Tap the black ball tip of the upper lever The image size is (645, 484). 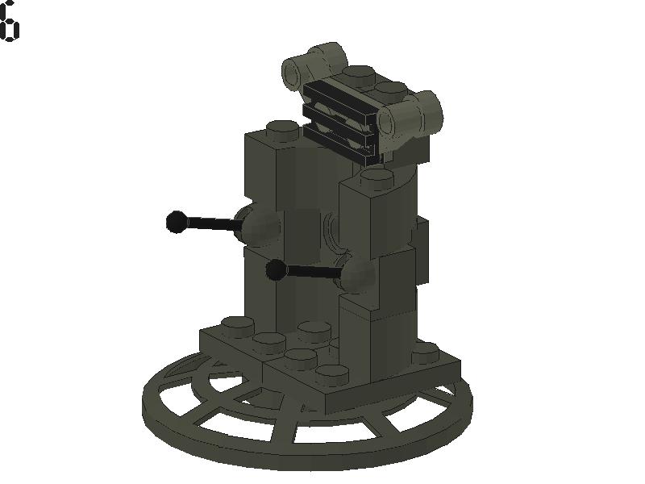point(176,221)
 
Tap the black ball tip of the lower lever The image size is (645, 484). point(276,270)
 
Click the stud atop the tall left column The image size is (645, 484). point(281,127)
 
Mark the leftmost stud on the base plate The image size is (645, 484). point(237,324)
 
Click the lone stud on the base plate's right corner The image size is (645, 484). point(424,351)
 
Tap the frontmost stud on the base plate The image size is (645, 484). point(331,373)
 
